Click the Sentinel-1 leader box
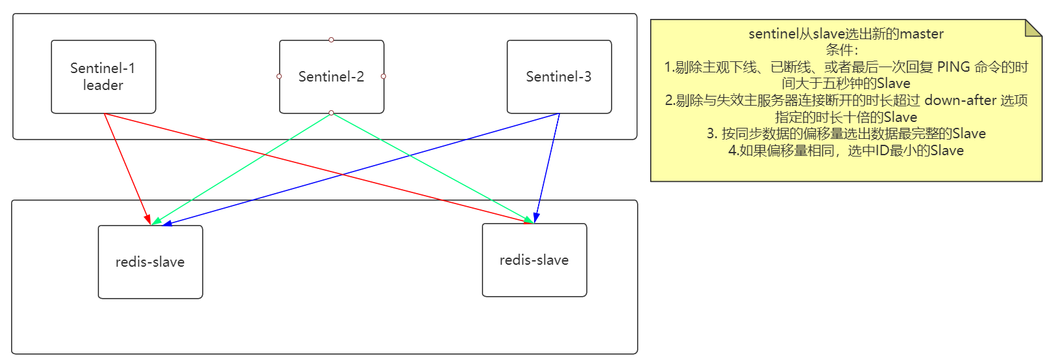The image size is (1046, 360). pyautogui.click(x=103, y=76)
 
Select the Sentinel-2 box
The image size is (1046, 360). pyautogui.click(x=331, y=76)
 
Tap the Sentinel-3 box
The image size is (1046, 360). pyautogui.click(x=559, y=76)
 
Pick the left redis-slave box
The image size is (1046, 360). pyautogui.click(x=151, y=262)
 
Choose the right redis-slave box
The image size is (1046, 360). pyautogui.click(x=534, y=260)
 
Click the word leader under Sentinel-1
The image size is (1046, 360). pyautogui.click(x=103, y=85)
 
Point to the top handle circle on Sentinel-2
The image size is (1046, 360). pyautogui.click(x=331, y=40)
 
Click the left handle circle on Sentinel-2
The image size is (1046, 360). pyautogui.click(x=279, y=76)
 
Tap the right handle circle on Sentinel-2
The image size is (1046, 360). pyautogui.click(x=383, y=76)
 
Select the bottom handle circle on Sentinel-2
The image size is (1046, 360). pyautogui.click(x=331, y=113)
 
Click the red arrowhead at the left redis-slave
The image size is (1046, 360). pyautogui.click(x=147, y=219)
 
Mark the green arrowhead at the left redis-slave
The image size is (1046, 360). pyautogui.click(x=157, y=221)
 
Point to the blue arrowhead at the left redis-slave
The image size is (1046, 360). pyautogui.click(x=167, y=224)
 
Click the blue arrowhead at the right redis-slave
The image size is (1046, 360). pyautogui.click(x=537, y=218)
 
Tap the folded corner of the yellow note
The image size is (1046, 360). pyautogui.click(x=1032, y=28)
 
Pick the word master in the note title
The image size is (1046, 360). pyautogui.click(x=921, y=34)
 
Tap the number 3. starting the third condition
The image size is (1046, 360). pyautogui.click(x=712, y=134)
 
